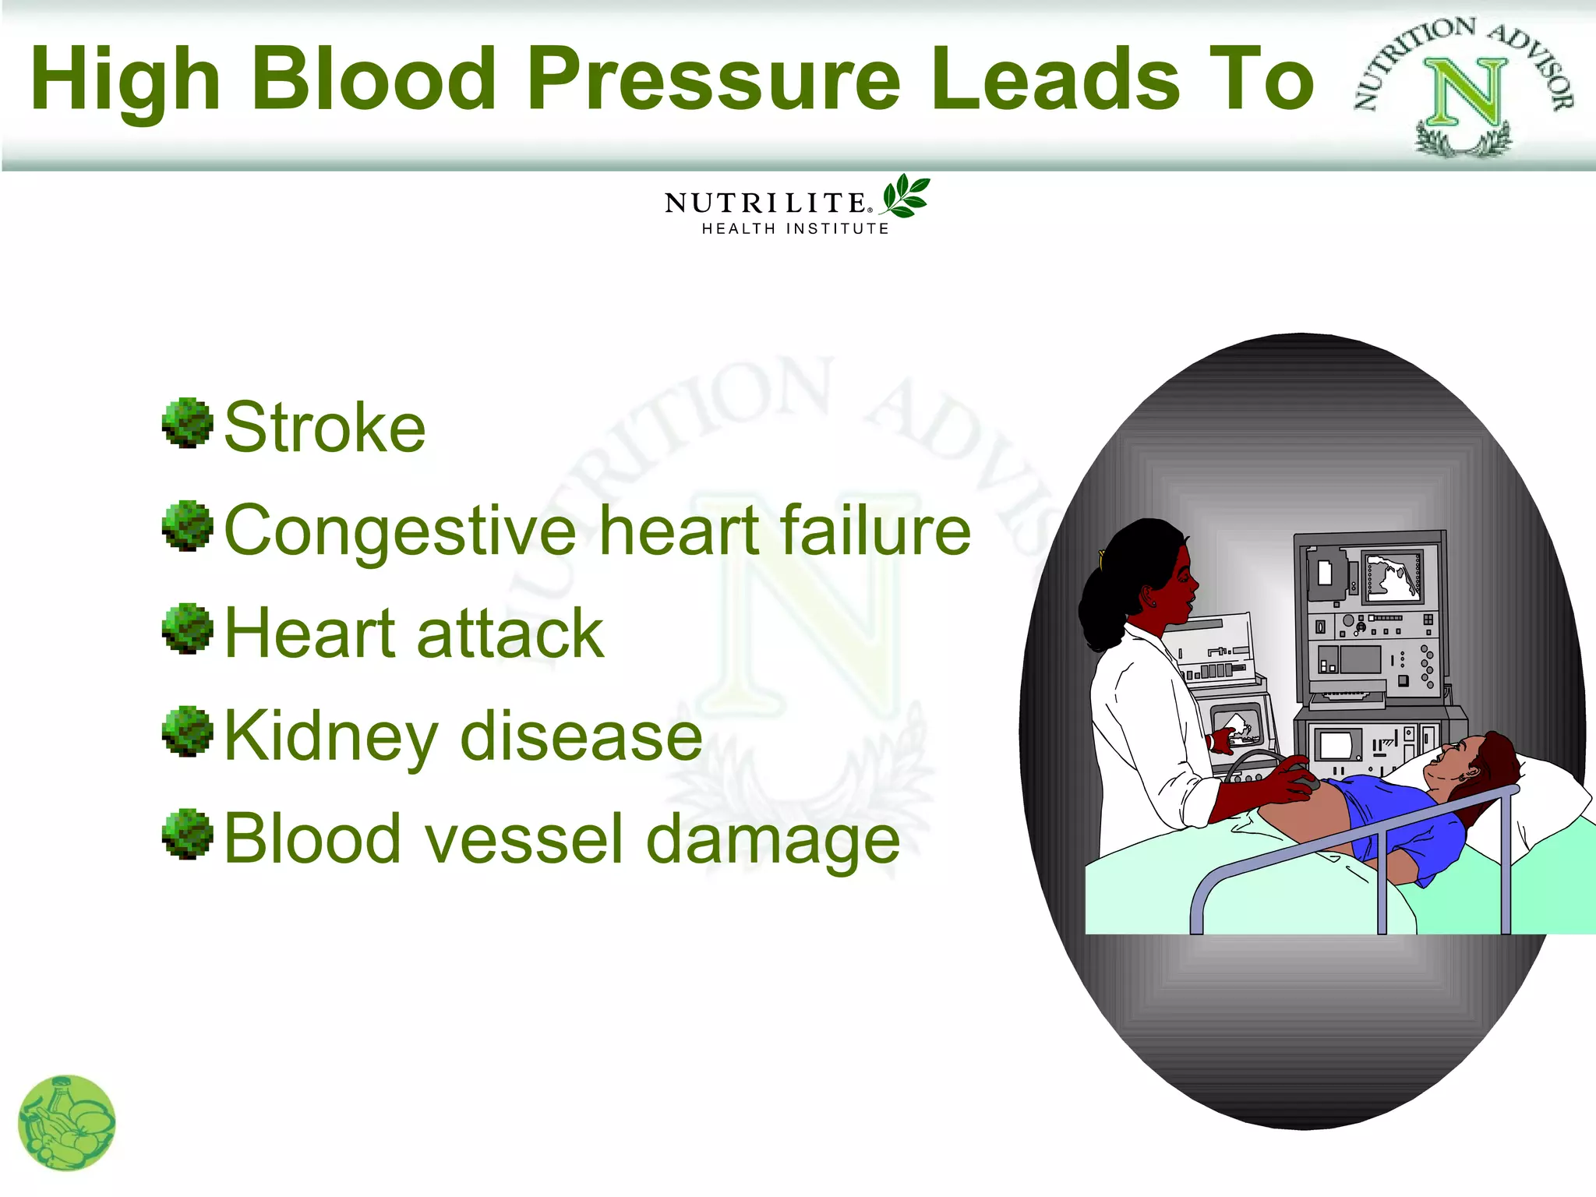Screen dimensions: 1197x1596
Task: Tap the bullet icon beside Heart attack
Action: point(187,628)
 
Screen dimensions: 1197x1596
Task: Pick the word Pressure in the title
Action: point(714,78)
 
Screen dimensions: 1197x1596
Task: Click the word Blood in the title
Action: point(374,78)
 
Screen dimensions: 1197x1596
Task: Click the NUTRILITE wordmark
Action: point(766,203)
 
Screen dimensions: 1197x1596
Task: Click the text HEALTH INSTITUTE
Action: point(795,228)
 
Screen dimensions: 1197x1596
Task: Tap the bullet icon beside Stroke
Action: point(187,423)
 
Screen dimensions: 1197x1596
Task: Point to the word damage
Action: point(773,841)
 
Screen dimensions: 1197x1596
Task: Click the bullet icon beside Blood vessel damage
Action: point(187,834)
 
